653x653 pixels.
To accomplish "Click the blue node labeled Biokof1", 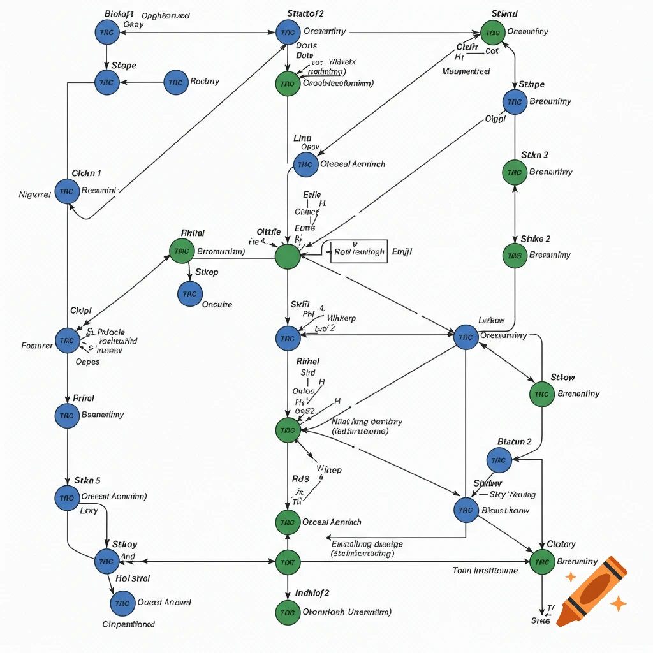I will tap(106, 32).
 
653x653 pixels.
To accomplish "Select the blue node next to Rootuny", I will tap(176, 82).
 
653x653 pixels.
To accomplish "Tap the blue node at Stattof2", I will tap(288, 32).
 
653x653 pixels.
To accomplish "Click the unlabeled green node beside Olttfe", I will tap(288, 257).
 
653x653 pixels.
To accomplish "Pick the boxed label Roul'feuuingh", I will tap(359, 252).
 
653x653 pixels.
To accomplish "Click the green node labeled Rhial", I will tap(182, 251).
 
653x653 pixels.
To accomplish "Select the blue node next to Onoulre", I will tap(189, 294).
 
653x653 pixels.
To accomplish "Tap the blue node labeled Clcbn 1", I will tap(67, 191).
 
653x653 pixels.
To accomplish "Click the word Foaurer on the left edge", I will tap(37, 346).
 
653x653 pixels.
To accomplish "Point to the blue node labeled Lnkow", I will tap(466, 337).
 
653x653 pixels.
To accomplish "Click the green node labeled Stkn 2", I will tap(515, 172).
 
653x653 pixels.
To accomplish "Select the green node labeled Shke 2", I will tap(515, 255).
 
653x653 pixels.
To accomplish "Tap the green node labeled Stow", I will tap(541, 394).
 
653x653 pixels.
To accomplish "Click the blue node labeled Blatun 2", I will tap(499, 460).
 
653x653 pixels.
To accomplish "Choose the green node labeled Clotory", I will tap(542, 562).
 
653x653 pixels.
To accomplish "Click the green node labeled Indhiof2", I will tap(288, 612).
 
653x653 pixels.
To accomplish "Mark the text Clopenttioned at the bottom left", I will tap(128, 624).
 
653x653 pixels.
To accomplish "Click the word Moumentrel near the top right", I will tap(466, 71).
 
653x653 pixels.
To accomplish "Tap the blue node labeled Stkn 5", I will tap(67, 497).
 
